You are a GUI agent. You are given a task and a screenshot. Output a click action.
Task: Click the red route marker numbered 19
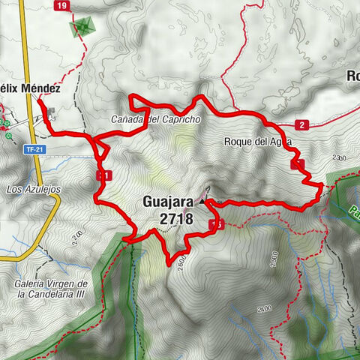tap(61, 6)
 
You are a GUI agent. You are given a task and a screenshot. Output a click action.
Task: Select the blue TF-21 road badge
tap(31, 149)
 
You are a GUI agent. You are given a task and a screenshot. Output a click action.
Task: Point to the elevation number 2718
tap(176, 219)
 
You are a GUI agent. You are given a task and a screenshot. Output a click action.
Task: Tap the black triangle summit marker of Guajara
tap(202, 201)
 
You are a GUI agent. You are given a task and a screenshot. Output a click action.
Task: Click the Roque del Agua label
tap(256, 140)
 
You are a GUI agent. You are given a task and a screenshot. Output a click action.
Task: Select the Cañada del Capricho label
tap(154, 120)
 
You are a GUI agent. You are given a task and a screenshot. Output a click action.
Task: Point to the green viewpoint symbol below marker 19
tap(80, 28)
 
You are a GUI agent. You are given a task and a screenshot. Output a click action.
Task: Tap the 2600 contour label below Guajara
tap(181, 259)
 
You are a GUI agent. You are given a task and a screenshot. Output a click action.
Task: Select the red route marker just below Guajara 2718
tap(217, 224)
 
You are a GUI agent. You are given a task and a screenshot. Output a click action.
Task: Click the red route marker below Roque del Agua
tap(298, 163)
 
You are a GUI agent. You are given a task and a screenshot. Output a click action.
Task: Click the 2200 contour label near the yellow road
tap(76, 238)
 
